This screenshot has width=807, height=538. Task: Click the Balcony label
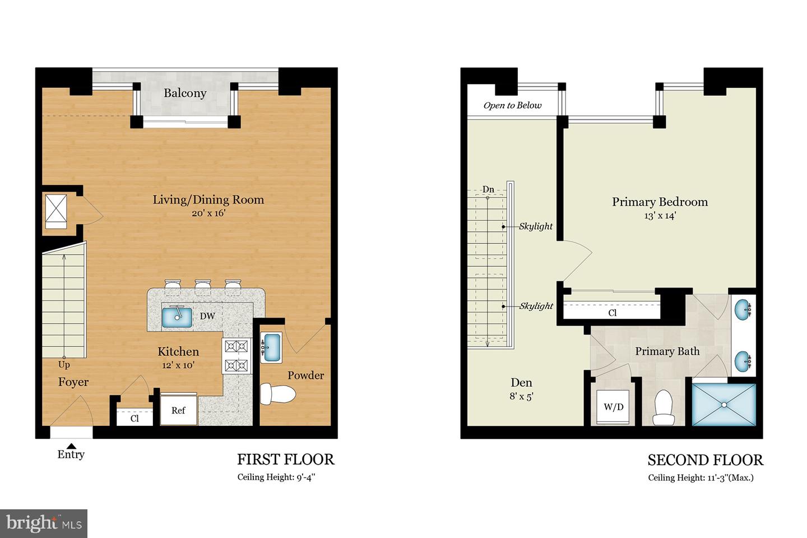click(185, 93)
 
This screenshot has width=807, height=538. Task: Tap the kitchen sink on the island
click(177, 316)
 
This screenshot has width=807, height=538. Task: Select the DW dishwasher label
click(207, 316)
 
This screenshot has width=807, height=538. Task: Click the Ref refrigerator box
click(178, 410)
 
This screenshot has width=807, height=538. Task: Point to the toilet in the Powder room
click(277, 393)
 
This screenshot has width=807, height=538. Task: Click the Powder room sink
click(272, 347)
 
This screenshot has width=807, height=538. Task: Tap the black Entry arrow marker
click(71, 445)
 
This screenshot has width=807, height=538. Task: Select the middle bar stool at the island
click(202, 286)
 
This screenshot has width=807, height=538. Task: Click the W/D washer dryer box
click(613, 406)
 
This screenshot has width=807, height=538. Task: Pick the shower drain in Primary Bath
click(724, 404)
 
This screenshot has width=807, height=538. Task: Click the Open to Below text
click(512, 105)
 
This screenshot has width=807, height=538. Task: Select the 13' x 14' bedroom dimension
click(660, 215)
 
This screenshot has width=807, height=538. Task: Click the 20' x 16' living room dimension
click(208, 213)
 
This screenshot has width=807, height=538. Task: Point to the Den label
click(521, 383)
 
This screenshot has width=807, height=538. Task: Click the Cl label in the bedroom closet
click(612, 313)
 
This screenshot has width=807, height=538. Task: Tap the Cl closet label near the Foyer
click(134, 418)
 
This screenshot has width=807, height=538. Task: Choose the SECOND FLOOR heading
click(705, 460)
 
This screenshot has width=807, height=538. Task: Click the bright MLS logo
click(44, 523)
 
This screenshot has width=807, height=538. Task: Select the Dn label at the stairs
click(488, 189)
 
